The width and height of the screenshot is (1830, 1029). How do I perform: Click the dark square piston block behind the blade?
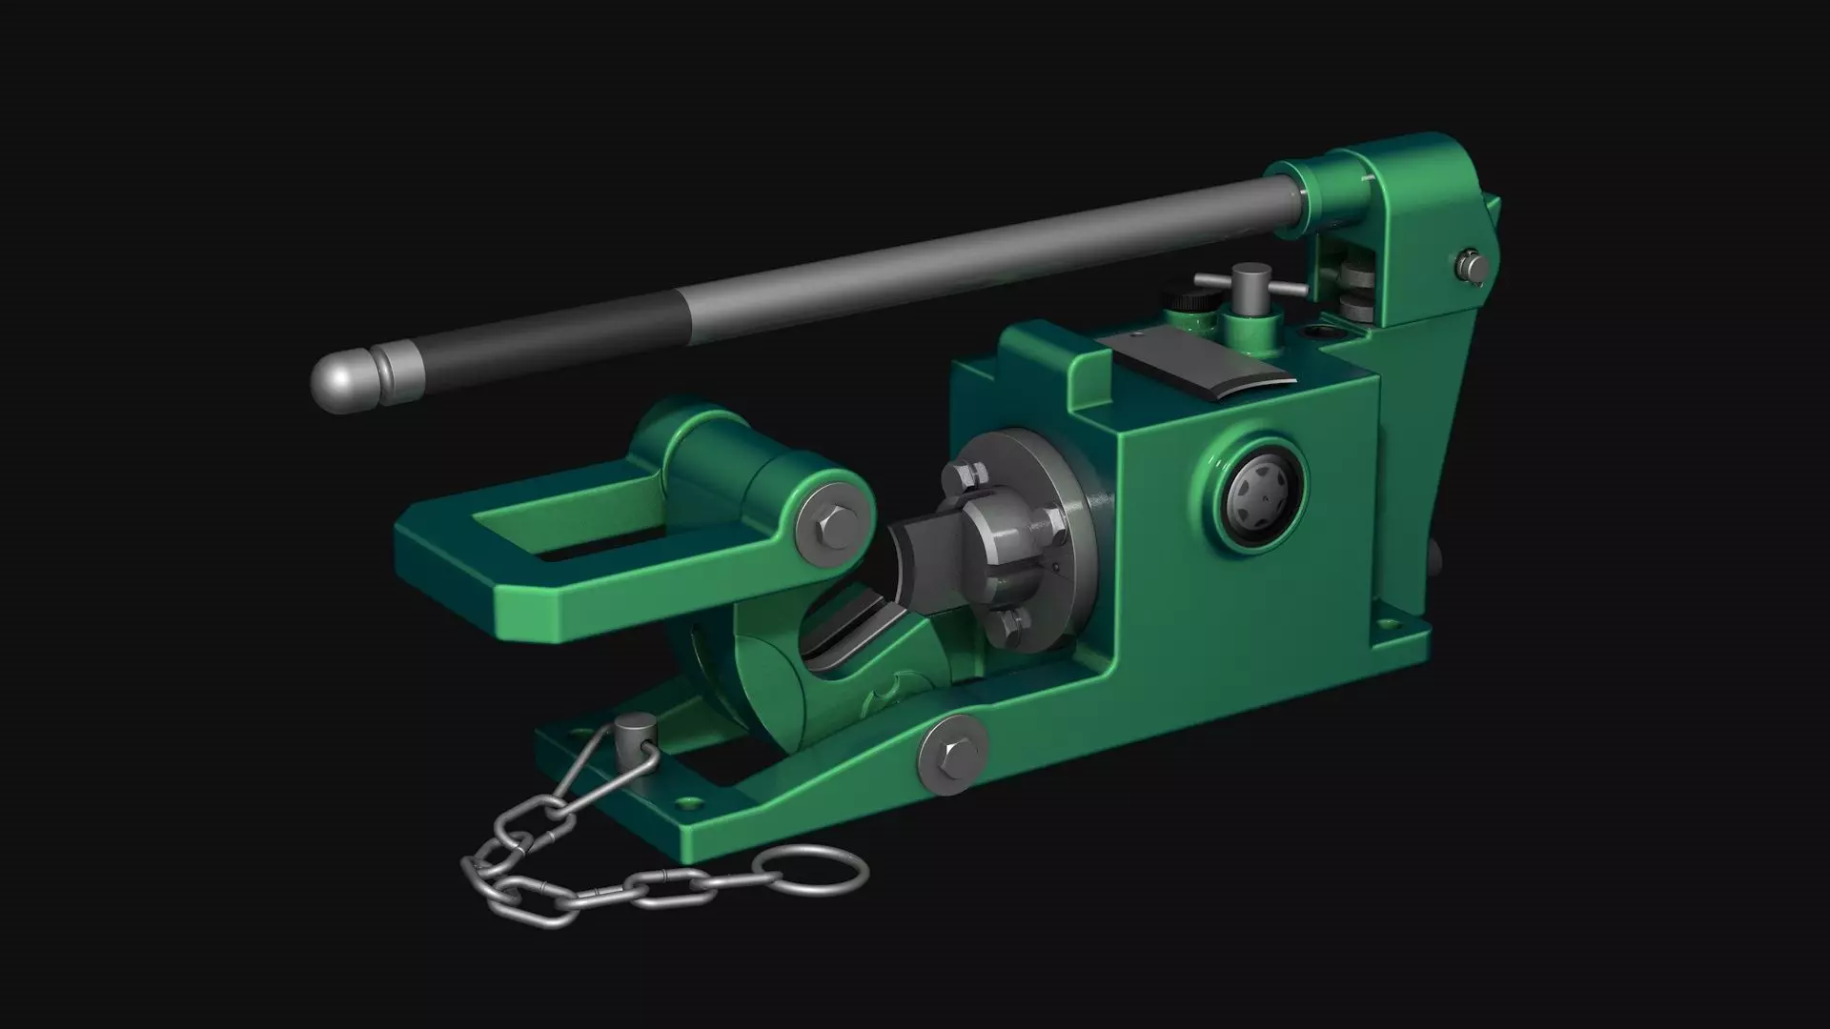click(929, 557)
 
